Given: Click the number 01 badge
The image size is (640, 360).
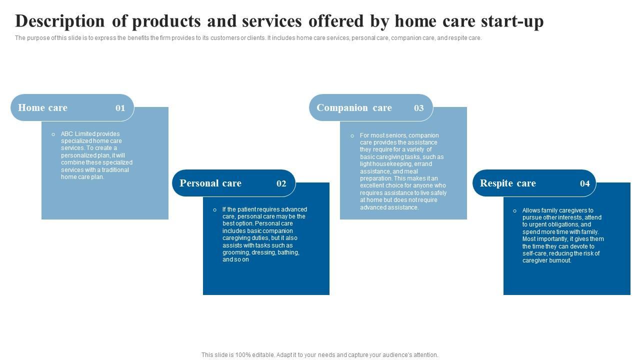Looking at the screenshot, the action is click(x=120, y=108).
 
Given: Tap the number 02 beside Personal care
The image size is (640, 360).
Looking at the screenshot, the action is click(x=281, y=183).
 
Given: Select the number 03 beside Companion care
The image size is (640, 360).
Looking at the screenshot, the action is click(x=419, y=108).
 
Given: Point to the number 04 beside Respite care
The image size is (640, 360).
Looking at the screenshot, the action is click(x=585, y=183).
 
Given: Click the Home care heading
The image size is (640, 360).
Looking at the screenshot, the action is click(x=43, y=107).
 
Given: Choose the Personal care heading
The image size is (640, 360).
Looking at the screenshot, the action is click(x=210, y=183).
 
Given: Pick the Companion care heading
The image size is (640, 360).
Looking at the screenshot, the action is click(x=354, y=107).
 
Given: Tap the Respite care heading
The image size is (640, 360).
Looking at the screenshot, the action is click(x=508, y=183).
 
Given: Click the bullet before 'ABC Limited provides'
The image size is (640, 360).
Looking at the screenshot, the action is click(x=53, y=134).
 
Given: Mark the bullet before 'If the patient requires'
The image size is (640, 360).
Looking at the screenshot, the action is click(x=215, y=210).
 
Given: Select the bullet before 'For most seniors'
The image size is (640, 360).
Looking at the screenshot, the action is click(x=352, y=136).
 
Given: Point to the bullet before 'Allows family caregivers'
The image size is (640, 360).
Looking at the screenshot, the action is click(x=515, y=211).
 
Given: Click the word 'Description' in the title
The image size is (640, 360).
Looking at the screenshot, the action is click(x=60, y=21).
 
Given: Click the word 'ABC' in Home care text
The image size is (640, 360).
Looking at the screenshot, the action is click(x=67, y=133).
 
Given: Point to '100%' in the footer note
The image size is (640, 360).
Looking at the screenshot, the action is click(x=243, y=355).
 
